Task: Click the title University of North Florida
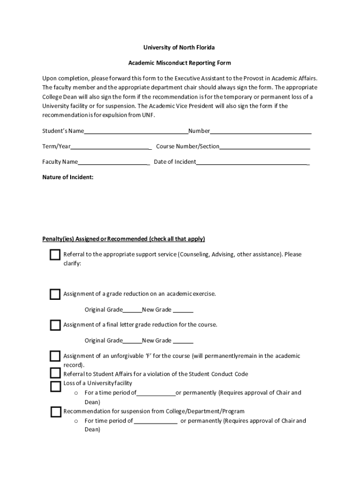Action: pyautogui.click(x=180, y=48)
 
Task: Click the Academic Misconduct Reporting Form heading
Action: pyautogui.click(x=180, y=63)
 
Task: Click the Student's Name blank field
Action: pyautogui.click(x=136, y=131)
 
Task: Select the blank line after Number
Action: pyautogui.click(x=260, y=131)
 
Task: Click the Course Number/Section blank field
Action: pyautogui.click(x=265, y=147)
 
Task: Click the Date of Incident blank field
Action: pyautogui.click(x=252, y=162)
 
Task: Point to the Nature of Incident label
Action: pyautogui.click(x=68, y=177)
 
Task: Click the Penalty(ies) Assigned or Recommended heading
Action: pyautogui.click(x=123, y=239)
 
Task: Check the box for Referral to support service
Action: pyautogui.click(x=55, y=255)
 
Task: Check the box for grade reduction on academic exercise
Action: pyautogui.click(x=55, y=294)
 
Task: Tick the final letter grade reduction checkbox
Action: pyautogui.click(x=55, y=325)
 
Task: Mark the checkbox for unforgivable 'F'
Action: pyautogui.click(x=55, y=356)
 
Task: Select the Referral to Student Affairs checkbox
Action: pyautogui.click(x=55, y=373)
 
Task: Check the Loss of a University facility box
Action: pyautogui.click(x=55, y=386)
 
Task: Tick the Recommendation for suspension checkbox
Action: pyautogui.click(x=56, y=412)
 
